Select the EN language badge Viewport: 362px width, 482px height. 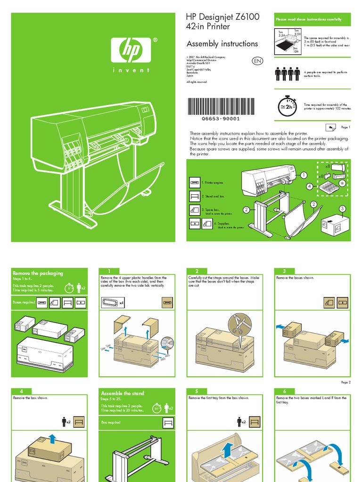pos(257,62)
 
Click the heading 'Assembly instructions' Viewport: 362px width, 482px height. pos(222,44)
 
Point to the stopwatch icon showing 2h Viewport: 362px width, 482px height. pos(286,106)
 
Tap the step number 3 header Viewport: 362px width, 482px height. pos(285,271)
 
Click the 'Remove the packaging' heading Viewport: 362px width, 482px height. pos(38,273)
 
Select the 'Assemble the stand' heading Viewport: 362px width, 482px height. pos(123,393)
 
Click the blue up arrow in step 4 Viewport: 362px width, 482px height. pos(52,439)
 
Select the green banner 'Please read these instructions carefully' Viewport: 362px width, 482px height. pos(313,19)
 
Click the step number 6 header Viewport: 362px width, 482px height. pos(285,391)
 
